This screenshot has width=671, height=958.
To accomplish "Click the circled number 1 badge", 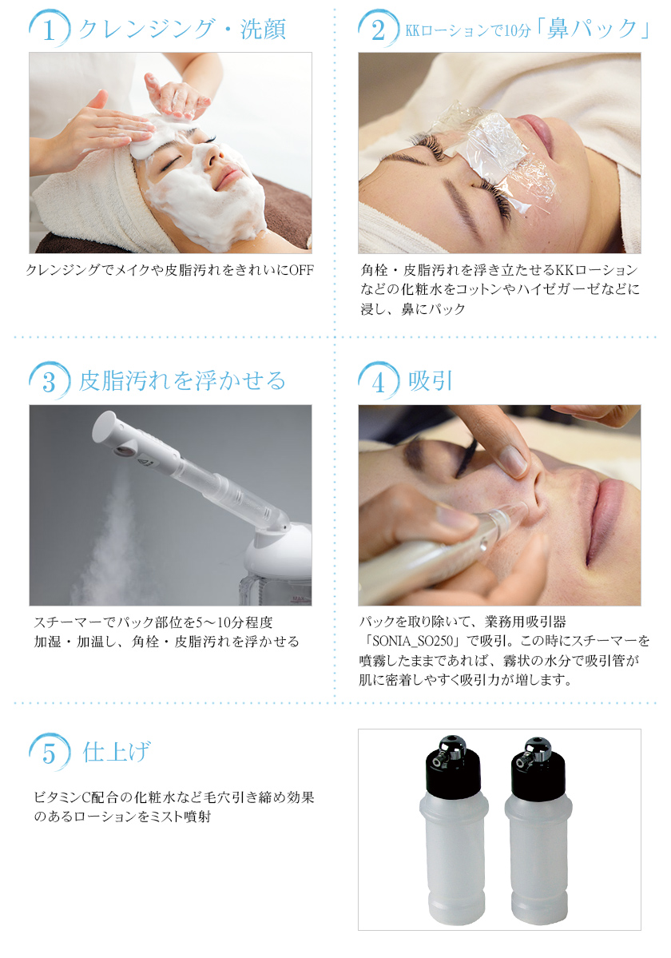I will (x=50, y=30).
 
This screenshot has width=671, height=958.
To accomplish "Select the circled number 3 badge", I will (x=50, y=381).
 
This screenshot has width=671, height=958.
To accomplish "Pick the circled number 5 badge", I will (x=50, y=752).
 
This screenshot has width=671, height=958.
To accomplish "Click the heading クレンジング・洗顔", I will (x=182, y=30).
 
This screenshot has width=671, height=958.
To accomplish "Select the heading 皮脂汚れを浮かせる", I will (x=182, y=380).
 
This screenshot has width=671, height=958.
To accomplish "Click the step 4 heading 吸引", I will (x=431, y=380).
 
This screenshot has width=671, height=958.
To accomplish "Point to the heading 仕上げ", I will (x=117, y=751).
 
